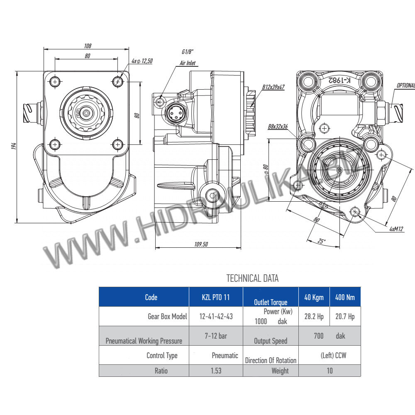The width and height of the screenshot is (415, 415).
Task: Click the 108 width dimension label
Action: (88, 46)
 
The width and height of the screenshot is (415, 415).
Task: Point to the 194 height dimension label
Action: (14, 146)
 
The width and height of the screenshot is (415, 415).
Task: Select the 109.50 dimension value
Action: (201, 244)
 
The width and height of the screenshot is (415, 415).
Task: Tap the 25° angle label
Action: (321, 241)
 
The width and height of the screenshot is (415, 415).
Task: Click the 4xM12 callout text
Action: (396, 229)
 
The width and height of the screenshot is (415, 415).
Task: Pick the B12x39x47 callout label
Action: (273, 87)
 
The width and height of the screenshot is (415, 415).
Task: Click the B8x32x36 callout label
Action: (278, 127)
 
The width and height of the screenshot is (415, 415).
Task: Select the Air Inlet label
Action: (188, 63)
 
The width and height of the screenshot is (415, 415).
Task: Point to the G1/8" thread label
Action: (188, 51)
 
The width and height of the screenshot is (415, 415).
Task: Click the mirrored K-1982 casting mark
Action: (339, 80)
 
